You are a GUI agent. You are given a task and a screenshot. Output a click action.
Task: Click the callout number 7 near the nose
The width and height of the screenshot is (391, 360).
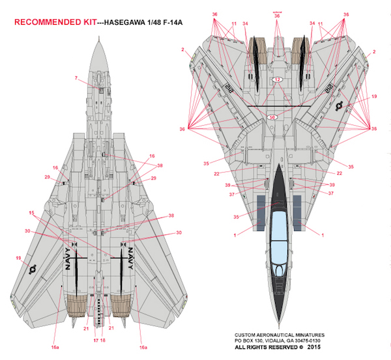[76, 79]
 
